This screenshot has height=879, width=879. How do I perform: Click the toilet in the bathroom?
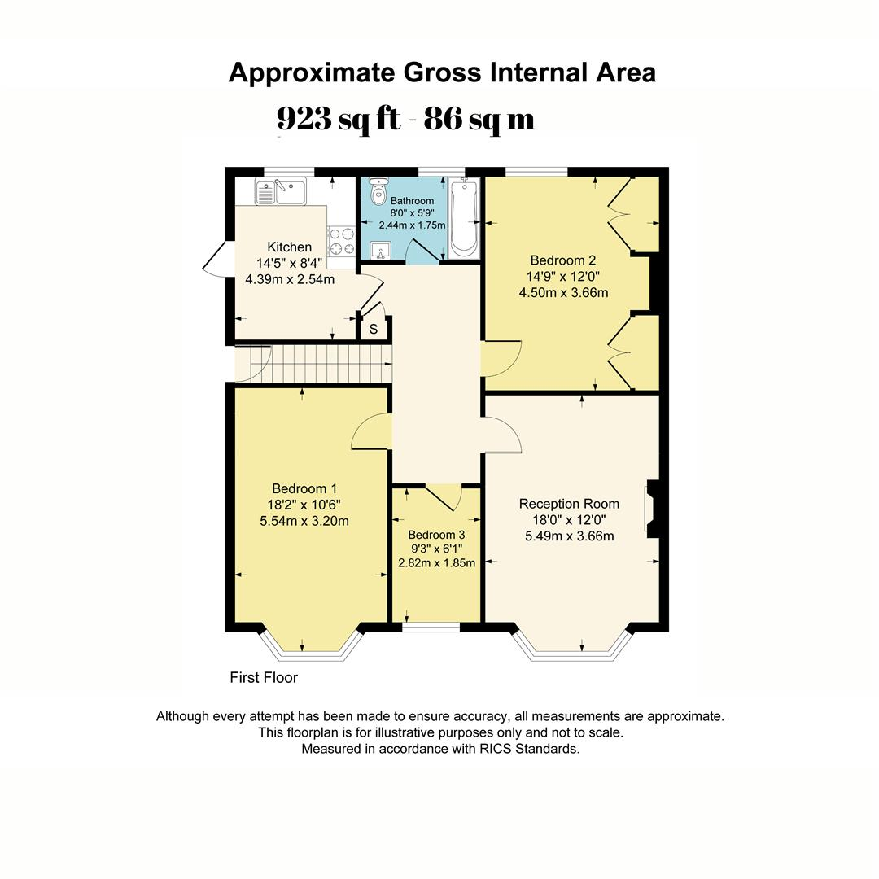tap(378, 193)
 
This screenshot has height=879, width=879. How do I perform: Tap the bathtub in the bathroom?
tap(464, 217)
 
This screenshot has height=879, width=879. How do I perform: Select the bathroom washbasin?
tap(381, 250)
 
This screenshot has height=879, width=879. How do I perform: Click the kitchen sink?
tap(279, 193)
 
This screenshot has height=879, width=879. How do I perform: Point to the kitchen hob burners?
tap(341, 242)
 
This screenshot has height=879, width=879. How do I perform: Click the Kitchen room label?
tap(289, 247)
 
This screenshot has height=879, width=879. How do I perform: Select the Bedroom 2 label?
tap(563, 260)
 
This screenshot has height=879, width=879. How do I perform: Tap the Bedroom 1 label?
tap(304, 488)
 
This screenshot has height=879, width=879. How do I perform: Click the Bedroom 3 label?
tap(436, 535)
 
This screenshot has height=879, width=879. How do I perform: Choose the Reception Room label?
tap(569, 504)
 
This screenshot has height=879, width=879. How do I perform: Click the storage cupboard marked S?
tap(374, 330)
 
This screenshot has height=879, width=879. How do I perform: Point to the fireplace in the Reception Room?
tap(652, 509)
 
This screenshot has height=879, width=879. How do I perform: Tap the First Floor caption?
tap(264, 677)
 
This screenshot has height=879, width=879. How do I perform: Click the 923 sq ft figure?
tap(339, 119)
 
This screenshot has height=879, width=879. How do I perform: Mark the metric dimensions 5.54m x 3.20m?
tap(304, 521)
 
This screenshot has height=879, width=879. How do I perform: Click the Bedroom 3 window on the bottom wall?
tap(431, 628)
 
